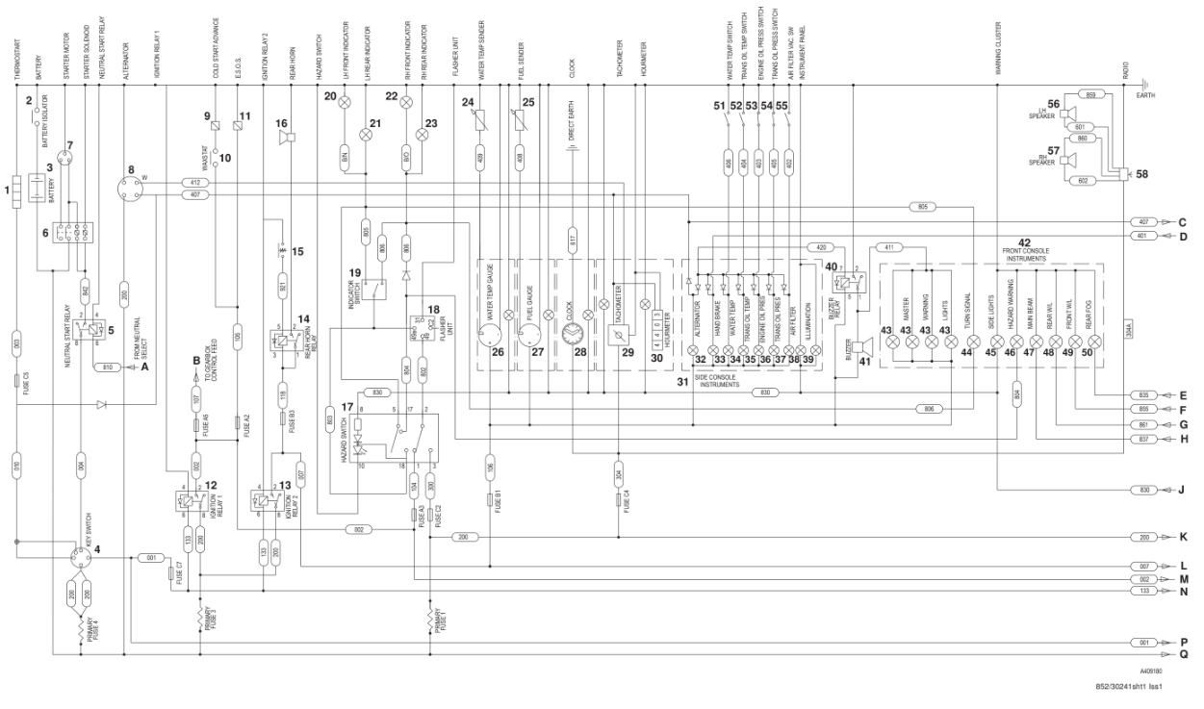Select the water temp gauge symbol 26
click(492, 336)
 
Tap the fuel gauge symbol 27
click(529, 336)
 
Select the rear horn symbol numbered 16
click(285, 139)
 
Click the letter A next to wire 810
click(145, 367)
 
